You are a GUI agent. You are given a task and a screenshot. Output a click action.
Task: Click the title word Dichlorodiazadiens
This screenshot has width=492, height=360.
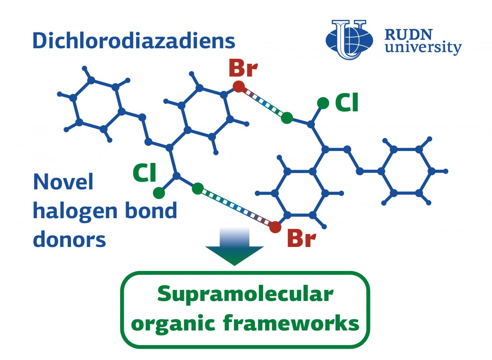[134, 41]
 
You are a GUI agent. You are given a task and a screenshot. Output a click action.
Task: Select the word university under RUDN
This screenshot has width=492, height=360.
[423, 48]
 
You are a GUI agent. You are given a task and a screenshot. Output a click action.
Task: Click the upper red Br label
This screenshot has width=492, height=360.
[243, 68]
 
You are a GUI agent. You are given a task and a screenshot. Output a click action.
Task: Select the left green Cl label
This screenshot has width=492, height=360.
[145, 173]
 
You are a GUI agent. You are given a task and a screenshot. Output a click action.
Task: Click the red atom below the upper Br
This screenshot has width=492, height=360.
[238, 86]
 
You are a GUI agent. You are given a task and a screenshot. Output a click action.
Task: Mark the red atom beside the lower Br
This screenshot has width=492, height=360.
[275, 226]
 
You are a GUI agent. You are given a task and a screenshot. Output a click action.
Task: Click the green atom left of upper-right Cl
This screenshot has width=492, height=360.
[323, 102]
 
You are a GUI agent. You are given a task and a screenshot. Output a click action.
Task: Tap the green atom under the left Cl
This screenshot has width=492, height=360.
[159, 193]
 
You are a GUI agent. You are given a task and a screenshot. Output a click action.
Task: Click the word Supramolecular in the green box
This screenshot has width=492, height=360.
[245, 294]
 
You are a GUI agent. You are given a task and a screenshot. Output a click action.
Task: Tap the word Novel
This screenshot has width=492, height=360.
[63, 182]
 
